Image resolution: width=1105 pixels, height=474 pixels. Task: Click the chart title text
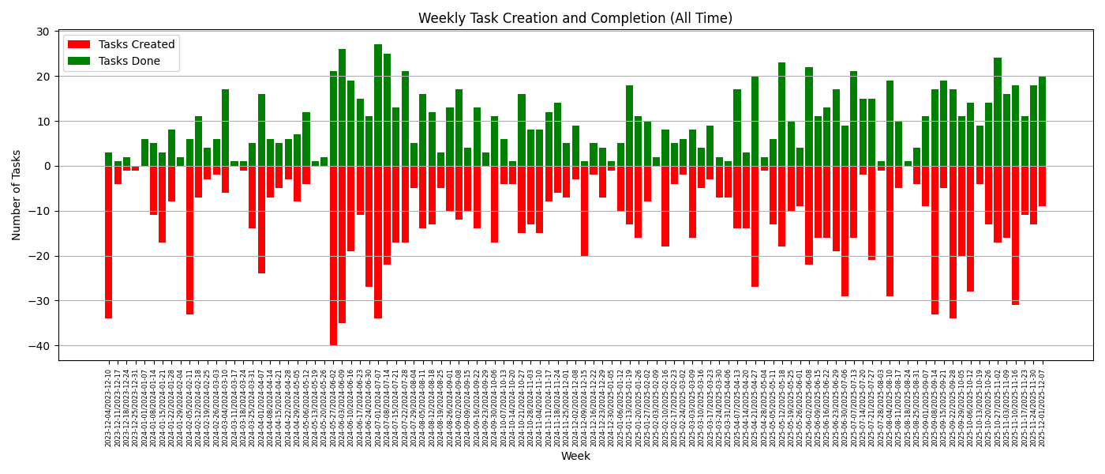coord(575,18)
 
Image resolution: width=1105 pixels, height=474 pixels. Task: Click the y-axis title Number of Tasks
coord(17,194)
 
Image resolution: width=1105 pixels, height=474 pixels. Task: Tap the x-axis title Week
coord(575,457)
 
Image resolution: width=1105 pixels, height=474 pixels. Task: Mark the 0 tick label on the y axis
coord(46,166)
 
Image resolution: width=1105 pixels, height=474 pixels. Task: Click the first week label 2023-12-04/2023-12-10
coord(109,407)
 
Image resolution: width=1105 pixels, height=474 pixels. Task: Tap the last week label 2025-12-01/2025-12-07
coord(1042,407)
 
